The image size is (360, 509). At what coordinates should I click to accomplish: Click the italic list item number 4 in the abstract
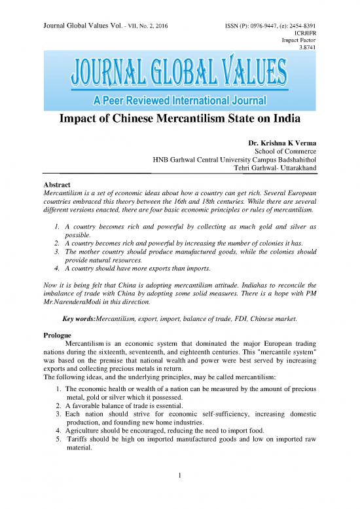[x=57, y=268]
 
